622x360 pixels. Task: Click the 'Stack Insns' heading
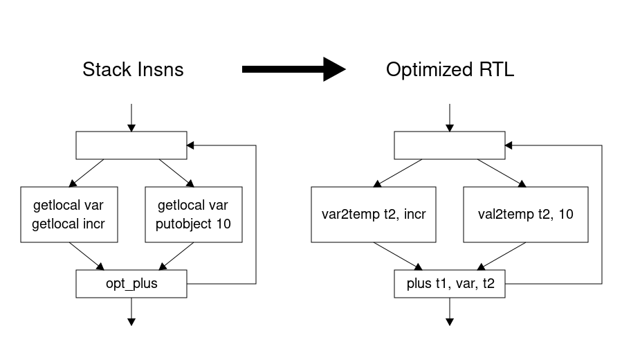point(133,70)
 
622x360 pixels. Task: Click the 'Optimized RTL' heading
point(450,70)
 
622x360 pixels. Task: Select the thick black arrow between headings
point(293,69)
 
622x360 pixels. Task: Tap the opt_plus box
point(131,284)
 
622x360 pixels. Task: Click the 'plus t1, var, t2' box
point(450,284)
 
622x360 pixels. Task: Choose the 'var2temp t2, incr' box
point(374,215)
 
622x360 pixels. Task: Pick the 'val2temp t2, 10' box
point(525,215)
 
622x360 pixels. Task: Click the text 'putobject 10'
point(194,224)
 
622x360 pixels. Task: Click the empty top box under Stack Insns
point(131,145)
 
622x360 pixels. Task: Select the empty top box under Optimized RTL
point(450,145)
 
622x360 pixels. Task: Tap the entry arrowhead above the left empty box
point(131,127)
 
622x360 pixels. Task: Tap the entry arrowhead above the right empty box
point(450,127)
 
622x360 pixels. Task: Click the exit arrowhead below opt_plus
point(131,321)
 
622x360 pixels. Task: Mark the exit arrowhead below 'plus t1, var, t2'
point(450,321)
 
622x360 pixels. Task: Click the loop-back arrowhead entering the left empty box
point(192,145)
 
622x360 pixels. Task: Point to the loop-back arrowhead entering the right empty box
point(510,145)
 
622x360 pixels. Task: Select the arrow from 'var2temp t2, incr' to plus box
point(398,255)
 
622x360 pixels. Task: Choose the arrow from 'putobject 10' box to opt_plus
point(176,255)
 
